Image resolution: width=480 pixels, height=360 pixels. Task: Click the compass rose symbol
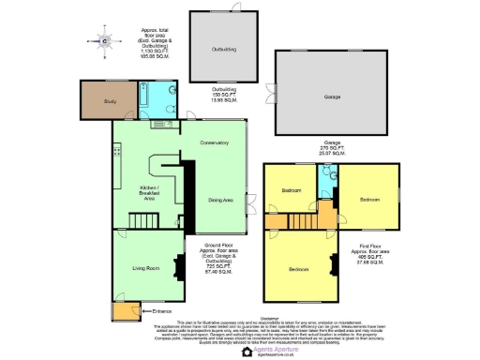(106, 40)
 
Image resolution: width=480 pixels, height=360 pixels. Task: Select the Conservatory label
(214, 142)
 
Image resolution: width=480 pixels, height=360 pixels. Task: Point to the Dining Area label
(220, 200)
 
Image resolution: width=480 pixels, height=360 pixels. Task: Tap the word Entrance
(161, 308)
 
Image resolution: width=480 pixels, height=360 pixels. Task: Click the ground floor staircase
(141, 220)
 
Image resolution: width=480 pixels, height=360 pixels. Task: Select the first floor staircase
(305, 220)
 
